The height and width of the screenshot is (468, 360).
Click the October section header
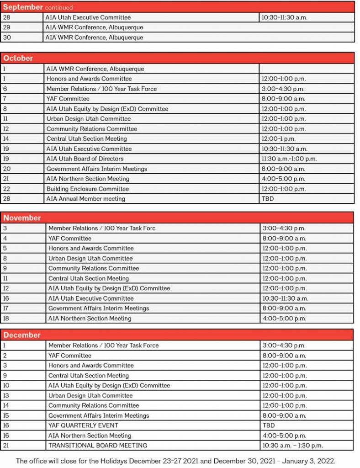pyautogui.click(x=18, y=58)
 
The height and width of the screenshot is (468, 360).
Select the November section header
pyautogui.click(x=22, y=218)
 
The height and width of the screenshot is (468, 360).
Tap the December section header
pyautogui.click(x=22, y=335)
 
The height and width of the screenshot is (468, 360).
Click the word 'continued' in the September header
pyautogui.click(x=58, y=8)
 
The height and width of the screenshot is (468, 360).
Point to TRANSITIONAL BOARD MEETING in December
pyautogui.click(x=98, y=445)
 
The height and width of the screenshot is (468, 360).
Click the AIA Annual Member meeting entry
pyautogui.click(x=85, y=199)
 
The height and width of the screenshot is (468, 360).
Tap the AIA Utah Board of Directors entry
pyautogui.click(x=85, y=159)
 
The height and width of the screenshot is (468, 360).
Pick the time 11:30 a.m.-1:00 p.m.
pyautogui.click(x=289, y=159)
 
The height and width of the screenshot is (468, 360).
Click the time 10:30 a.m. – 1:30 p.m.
pyautogui.click(x=292, y=445)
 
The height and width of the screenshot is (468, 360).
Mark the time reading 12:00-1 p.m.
pyautogui.click(x=279, y=138)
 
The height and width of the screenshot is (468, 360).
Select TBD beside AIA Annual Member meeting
pyautogui.click(x=268, y=199)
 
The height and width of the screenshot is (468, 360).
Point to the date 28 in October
pyautogui.click(x=6, y=199)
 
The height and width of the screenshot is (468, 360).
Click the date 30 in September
pyautogui.click(x=7, y=37)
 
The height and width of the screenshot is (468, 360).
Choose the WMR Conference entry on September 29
pyautogui.click(x=94, y=27)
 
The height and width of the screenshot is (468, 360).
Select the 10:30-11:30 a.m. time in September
pyautogui.click(x=284, y=17)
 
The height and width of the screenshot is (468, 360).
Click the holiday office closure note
pyautogui.click(x=176, y=460)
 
